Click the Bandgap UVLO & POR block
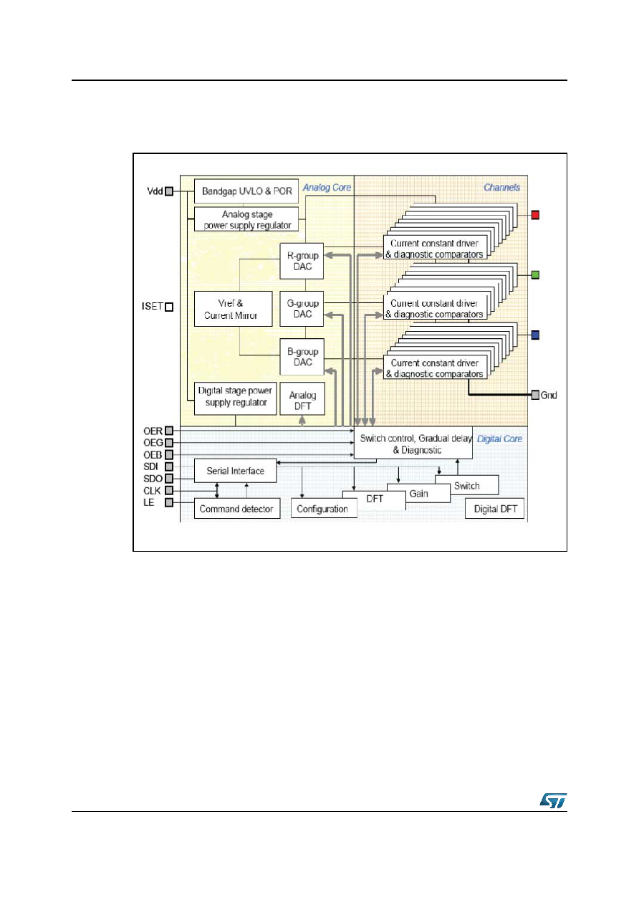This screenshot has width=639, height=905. pos(246,191)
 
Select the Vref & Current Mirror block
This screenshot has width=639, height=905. pos(233,309)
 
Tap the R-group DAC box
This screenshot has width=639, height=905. pos(302,261)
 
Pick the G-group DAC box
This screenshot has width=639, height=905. pos(302,309)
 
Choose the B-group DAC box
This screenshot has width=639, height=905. pos(302,357)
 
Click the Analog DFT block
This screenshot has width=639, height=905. pos(302,399)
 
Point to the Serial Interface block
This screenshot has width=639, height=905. pos(236,471)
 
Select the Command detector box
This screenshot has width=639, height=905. pos(237,509)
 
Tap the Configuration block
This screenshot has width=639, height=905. pos(324,509)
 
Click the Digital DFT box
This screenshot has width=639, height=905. pos(494,509)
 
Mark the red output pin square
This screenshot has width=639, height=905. pos(535,215)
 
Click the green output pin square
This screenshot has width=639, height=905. pos(535,275)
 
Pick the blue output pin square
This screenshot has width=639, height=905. pos(535,335)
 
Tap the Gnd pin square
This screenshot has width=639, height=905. pos(535,395)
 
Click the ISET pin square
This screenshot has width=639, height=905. pos(169,307)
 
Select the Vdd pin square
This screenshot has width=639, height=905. pos(169,191)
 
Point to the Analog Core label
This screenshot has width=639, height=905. pos(327,188)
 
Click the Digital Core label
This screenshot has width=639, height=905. pos(499,439)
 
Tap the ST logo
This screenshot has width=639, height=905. pos(553,800)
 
